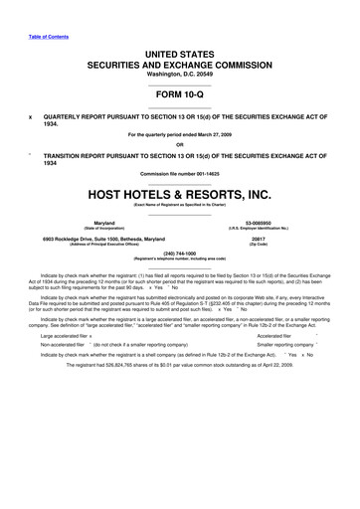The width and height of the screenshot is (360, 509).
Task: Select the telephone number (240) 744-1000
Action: pyautogui.click(x=179, y=253)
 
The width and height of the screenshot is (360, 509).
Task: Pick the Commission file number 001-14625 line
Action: pyautogui.click(x=180, y=174)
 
